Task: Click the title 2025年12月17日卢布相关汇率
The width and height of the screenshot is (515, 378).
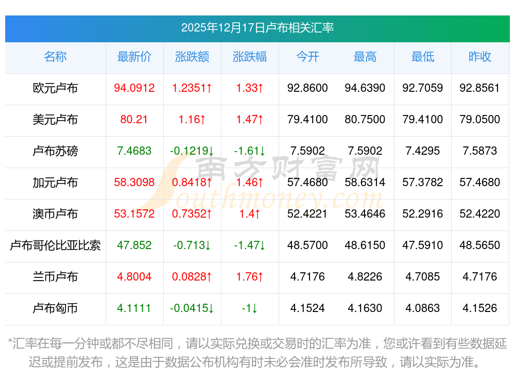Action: coord(257,28)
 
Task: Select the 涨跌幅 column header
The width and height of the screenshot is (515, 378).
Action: coord(250,57)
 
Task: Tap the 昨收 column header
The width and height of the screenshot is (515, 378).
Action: coord(480,57)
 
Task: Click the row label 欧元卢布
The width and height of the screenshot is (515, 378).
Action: coord(55,88)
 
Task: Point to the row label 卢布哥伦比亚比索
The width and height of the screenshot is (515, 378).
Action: coord(55,245)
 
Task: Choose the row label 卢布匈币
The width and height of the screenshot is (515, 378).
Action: coord(55,308)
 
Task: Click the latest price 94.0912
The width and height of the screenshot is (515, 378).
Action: coord(134,88)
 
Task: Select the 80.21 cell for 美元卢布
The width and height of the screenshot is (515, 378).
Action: coord(134,120)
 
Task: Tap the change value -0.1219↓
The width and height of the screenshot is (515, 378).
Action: coord(192,151)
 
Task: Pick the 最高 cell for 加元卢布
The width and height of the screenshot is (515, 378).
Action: coord(365,183)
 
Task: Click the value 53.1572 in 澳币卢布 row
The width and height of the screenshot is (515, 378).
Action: coord(134,214)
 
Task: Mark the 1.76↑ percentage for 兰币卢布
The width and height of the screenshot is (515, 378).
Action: coord(250,277)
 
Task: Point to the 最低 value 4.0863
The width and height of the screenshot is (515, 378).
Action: coord(423,308)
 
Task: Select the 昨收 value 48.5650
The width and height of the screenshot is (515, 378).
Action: coord(480,245)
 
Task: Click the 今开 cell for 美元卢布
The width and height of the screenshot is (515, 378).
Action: coord(307,120)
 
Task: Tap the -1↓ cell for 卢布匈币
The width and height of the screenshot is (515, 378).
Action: coord(250,308)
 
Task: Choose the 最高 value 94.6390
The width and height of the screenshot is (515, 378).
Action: coord(365,88)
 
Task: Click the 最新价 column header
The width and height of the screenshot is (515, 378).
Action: coord(134,57)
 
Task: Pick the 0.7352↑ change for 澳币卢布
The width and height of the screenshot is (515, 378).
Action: coord(192,214)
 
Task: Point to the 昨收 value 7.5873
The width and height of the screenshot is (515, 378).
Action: coord(480,151)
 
